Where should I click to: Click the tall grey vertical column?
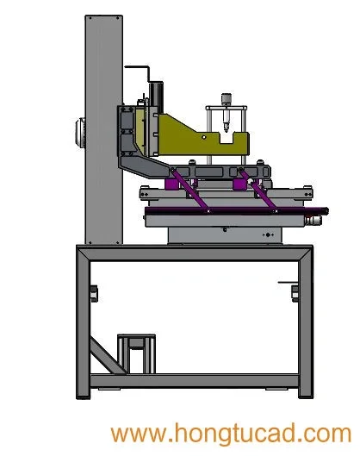pyautogui.click(x=103, y=129)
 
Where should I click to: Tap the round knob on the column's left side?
pyautogui.click(x=80, y=134)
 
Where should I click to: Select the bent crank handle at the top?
pyautogui.click(x=139, y=72)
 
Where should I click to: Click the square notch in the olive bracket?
pyautogui.click(x=227, y=138)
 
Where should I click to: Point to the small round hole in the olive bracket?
pyautogui.click(x=204, y=137)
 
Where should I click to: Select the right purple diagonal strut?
pyautogui.click(x=258, y=191)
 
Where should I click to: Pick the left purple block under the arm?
pyautogui.click(x=171, y=184)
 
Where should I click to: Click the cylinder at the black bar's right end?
pyautogui.click(x=313, y=220)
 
